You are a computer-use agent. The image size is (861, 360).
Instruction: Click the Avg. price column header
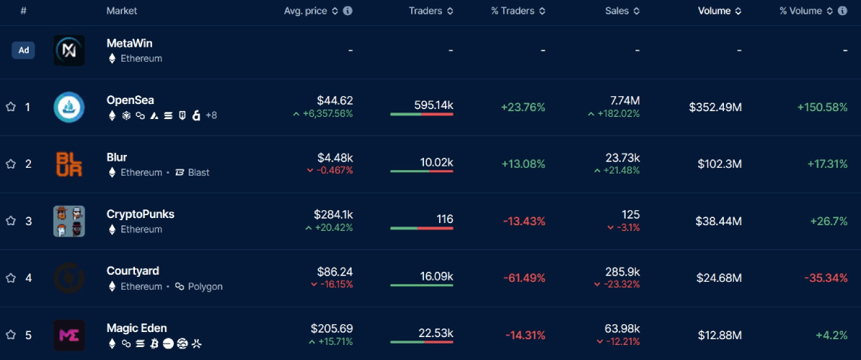[305, 11]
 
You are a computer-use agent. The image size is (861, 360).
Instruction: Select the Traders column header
[425, 11]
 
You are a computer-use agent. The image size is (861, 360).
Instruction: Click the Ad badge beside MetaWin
[24, 50]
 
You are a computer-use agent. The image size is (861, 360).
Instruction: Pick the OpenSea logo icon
[69, 108]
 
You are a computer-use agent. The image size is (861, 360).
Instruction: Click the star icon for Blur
[11, 164]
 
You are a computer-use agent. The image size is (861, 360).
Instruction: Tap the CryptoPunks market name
[140, 214]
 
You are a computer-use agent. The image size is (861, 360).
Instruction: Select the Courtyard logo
[69, 278]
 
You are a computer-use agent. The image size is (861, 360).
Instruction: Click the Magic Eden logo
[69, 335]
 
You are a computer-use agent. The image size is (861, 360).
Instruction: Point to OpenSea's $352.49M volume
[715, 108]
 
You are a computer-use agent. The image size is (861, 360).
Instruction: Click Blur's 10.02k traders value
[436, 163]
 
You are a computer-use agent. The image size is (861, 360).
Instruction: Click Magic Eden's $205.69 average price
[331, 328]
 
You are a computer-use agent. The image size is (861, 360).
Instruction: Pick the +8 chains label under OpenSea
[211, 115]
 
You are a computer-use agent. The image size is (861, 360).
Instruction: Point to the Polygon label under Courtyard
[205, 287]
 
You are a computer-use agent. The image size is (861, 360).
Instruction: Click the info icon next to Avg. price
[348, 11]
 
